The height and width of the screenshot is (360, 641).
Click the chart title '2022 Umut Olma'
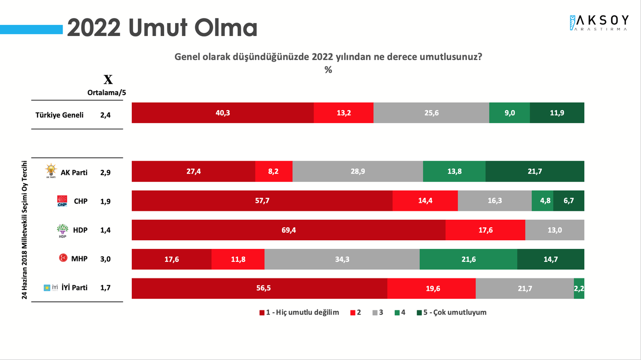(162, 28)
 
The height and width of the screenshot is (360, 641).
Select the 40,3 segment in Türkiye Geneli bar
(222, 113)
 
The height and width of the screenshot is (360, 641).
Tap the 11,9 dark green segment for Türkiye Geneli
(557, 113)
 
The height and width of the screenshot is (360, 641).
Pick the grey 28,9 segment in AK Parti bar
(358, 171)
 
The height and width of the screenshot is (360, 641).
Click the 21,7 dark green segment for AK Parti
(535, 171)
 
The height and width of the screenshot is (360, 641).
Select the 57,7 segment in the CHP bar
(262, 201)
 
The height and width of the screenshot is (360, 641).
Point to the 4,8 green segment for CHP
(542, 201)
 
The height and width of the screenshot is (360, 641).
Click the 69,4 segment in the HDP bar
(288, 230)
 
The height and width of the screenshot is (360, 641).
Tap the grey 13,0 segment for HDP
(555, 230)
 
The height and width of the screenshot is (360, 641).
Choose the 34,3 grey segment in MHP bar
(342, 259)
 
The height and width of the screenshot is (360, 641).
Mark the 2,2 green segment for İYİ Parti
(579, 288)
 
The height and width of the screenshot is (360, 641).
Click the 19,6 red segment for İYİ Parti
(431, 288)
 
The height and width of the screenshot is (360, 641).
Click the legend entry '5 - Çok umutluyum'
(451, 312)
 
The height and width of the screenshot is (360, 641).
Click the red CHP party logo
(62, 201)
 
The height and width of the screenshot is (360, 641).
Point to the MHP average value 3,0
(106, 259)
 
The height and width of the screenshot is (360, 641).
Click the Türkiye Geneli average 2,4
(106, 115)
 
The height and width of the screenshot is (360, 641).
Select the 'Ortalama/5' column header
(106, 92)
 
